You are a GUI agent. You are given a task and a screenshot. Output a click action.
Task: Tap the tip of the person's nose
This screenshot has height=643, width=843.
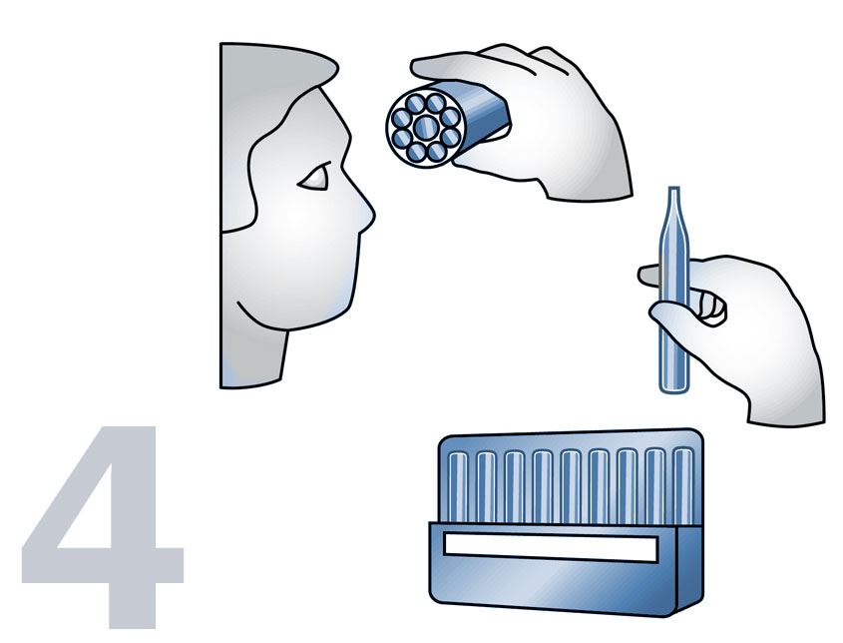tap(371, 214)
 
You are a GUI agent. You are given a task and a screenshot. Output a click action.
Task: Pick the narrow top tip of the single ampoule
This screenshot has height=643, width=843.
tap(674, 194)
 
